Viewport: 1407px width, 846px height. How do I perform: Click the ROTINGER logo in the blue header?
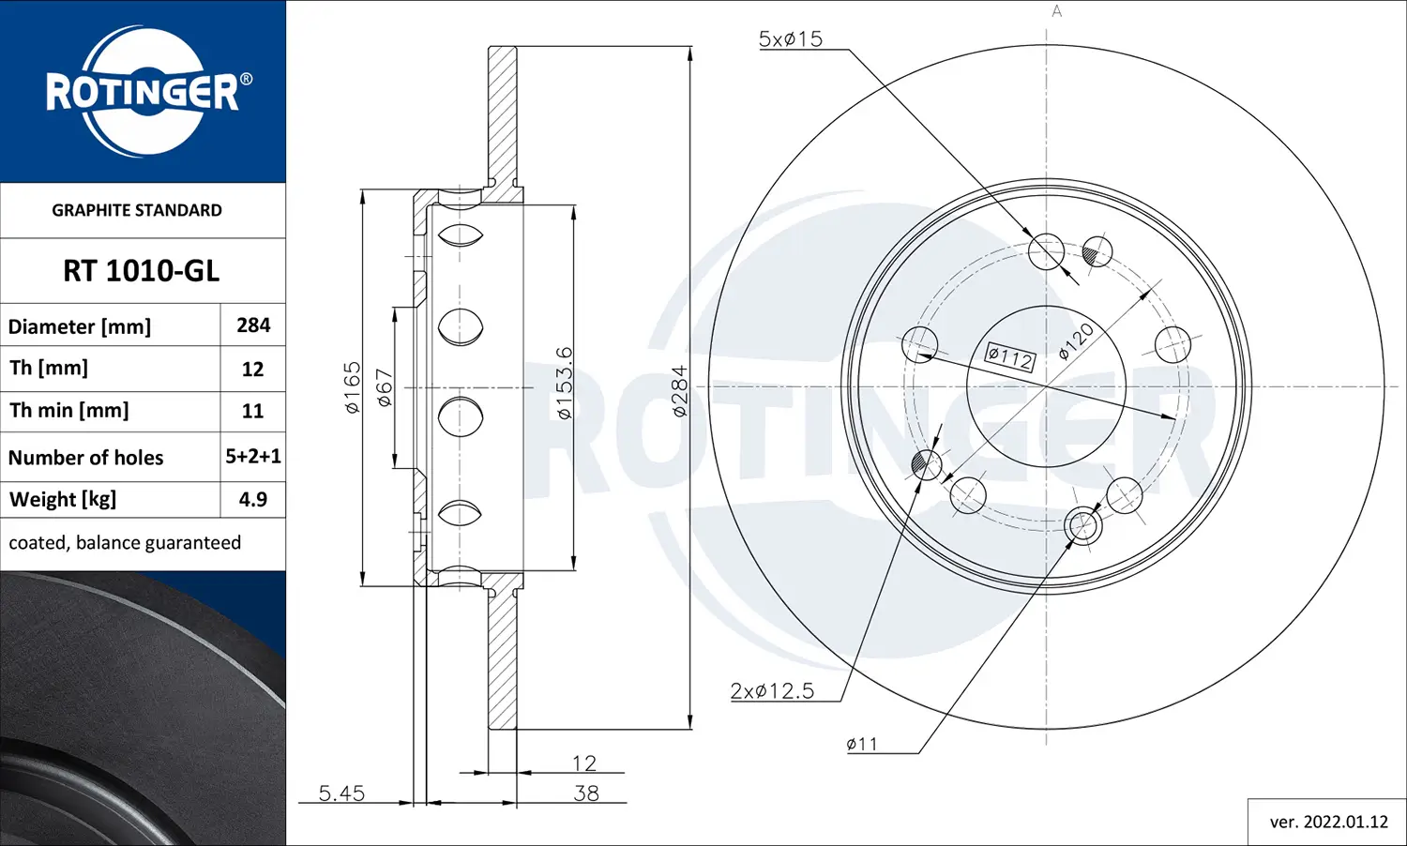pos(143,92)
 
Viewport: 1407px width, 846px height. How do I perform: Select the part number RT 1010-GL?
pos(141,271)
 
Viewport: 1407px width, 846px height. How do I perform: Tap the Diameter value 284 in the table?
pos(253,325)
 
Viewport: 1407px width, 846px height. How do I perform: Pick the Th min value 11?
pos(252,411)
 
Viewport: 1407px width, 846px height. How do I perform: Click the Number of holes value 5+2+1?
pos(253,457)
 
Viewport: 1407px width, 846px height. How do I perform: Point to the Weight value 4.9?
pos(252,499)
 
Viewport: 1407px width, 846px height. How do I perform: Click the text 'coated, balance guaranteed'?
pos(125,543)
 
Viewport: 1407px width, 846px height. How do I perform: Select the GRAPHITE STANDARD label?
pos(137,210)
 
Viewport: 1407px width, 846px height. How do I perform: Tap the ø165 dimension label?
pos(352,387)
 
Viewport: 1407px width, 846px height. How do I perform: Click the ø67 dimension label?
pos(385,387)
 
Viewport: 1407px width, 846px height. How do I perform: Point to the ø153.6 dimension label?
pos(564,383)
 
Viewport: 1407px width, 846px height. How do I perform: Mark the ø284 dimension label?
pos(679,390)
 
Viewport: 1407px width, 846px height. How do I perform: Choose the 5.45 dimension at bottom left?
pos(341,793)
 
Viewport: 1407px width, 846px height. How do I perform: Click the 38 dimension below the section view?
pos(586,793)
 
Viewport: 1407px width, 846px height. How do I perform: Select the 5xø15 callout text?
pos(790,39)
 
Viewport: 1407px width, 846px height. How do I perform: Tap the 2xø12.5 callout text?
pos(772,691)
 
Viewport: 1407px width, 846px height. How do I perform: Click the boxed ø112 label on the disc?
pos(1009,357)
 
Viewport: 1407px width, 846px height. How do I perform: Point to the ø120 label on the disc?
pos(1076,341)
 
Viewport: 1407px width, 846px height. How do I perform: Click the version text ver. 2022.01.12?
pos(1328,822)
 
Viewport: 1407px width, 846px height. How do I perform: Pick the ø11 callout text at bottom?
pos(862,745)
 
